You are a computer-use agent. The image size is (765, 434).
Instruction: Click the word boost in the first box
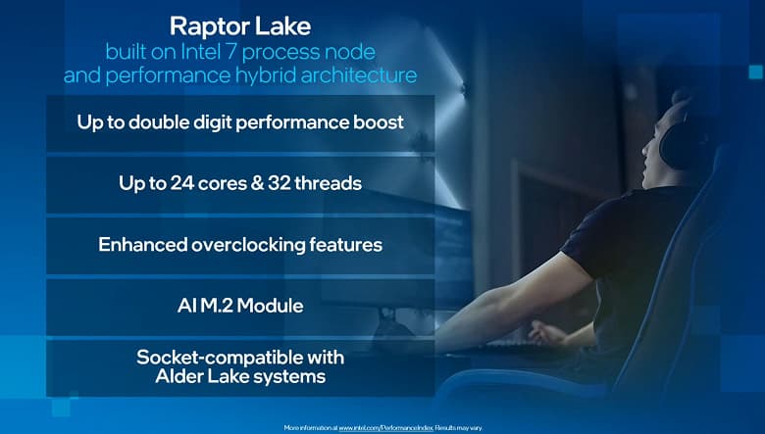(379, 122)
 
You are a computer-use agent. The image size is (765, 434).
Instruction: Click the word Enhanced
(139, 244)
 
